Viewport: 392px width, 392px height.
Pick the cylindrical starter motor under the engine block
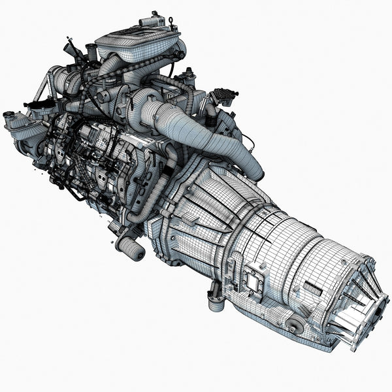click(x=130, y=247)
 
